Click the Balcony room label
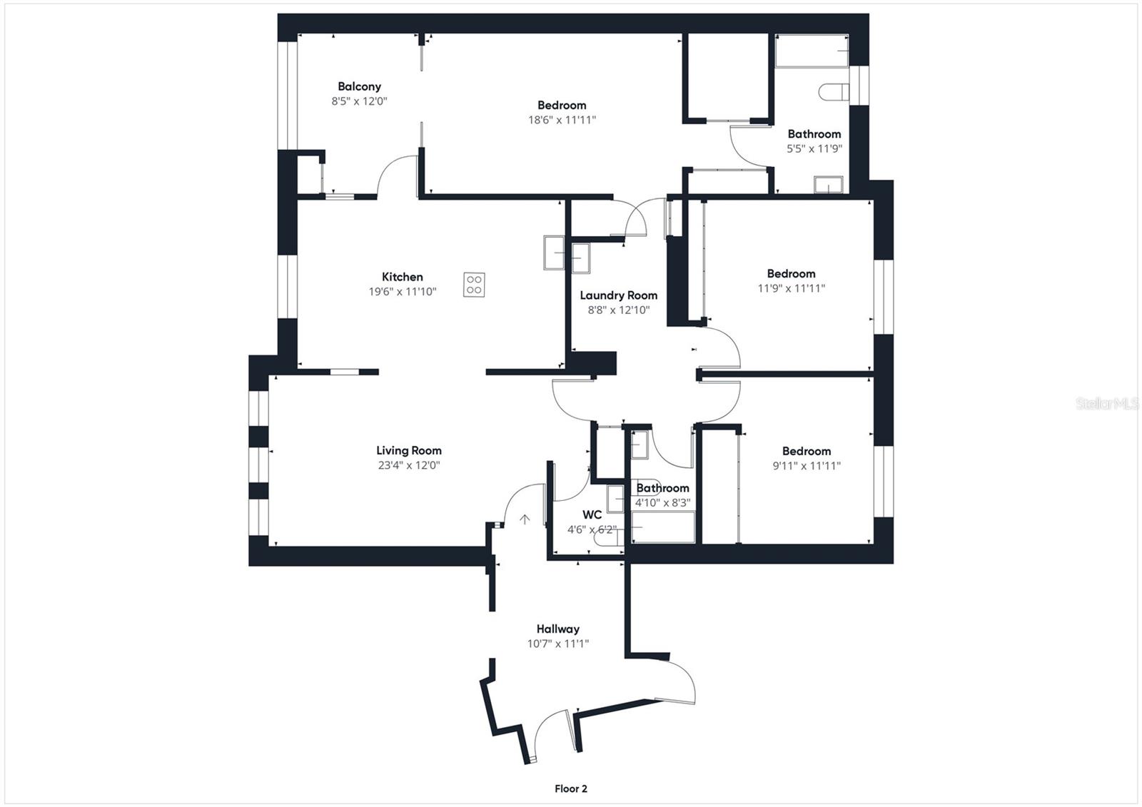(360, 86)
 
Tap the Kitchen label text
(403, 277)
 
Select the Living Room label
(409, 451)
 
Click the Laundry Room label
(618, 295)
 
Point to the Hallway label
(557, 629)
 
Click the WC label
(592, 515)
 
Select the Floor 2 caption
(571, 788)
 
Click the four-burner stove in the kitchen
(474, 285)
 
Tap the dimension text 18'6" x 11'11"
(562, 120)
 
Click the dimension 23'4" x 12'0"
(409, 465)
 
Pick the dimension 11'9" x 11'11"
(792, 288)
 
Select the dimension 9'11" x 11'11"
(807, 465)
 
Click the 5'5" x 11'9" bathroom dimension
(814, 149)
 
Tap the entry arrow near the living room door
(525, 519)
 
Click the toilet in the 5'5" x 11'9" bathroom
(834, 92)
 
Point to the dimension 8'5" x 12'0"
(360, 101)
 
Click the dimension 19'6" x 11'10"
(403, 292)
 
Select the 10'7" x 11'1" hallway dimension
(557, 644)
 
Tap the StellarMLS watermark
(1107, 404)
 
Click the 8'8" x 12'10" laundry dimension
(618, 310)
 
